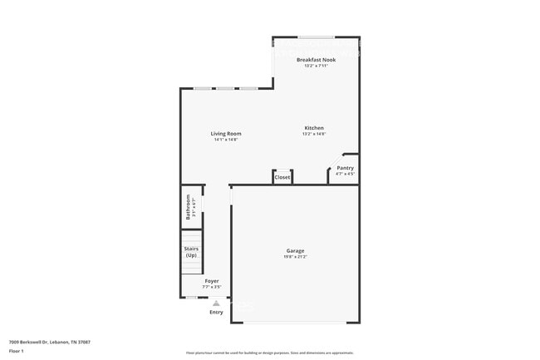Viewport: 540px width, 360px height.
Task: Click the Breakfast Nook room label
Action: [x=316, y=60]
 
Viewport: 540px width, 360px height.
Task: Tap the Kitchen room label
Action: [x=313, y=128]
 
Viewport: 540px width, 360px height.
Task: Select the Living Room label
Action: [x=225, y=134]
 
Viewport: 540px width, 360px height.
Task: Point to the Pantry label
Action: [x=345, y=168]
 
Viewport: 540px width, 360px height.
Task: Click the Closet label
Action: [x=282, y=177]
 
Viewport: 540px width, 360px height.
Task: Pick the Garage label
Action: [x=295, y=250]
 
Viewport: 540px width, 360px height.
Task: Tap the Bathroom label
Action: [x=189, y=205]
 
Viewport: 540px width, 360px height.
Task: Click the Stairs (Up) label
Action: [x=191, y=251]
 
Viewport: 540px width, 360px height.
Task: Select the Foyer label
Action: [x=212, y=281]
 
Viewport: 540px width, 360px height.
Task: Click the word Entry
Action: [x=216, y=312]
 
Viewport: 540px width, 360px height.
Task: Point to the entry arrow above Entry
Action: [x=216, y=303]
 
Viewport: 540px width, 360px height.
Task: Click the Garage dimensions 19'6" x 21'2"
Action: [x=295, y=257]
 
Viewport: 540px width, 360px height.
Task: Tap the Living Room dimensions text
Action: [x=225, y=140]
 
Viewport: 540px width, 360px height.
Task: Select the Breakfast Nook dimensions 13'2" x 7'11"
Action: [x=316, y=66]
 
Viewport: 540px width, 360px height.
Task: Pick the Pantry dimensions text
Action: [x=345, y=174]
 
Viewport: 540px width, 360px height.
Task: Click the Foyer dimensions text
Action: [x=212, y=287]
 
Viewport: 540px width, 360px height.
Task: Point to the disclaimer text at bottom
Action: [x=270, y=353]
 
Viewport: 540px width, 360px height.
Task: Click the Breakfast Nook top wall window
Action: [x=317, y=37]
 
